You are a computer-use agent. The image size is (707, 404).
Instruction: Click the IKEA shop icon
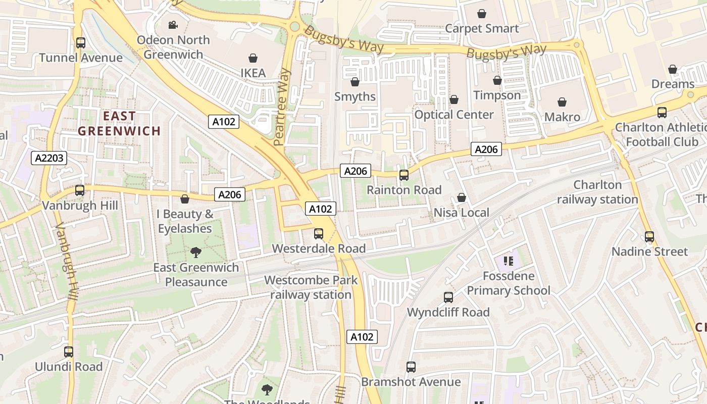pyautogui.click(x=252, y=59)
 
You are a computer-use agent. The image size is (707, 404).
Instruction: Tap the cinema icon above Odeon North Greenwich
pyautogui.click(x=173, y=25)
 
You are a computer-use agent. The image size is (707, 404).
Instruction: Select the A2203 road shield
pyautogui.click(x=49, y=158)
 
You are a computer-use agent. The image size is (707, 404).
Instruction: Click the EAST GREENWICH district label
pyautogui.click(x=119, y=124)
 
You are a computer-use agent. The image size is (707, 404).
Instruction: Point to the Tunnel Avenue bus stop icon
pyautogui.click(x=81, y=43)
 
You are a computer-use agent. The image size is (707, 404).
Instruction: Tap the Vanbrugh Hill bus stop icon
pyautogui.click(x=80, y=190)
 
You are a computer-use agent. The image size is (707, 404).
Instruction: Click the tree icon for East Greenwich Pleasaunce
pyautogui.click(x=196, y=252)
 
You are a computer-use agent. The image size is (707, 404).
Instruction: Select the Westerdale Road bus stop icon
pyautogui.click(x=319, y=234)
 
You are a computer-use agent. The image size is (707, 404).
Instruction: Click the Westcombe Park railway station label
pyautogui.click(x=311, y=287)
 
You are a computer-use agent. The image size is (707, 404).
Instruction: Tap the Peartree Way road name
pyautogui.click(x=282, y=107)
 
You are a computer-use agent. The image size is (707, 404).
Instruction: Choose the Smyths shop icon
pyautogui.click(x=355, y=82)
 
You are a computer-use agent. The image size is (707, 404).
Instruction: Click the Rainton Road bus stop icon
pyautogui.click(x=404, y=175)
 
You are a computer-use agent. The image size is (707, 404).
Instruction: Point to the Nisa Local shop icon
pyautogui.click(x=462, y=198)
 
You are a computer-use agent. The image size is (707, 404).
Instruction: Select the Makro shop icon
pyautogui.click(x=562, y=103)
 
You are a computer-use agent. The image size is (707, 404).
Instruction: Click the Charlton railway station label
pyautogui.click(x=597, y=192)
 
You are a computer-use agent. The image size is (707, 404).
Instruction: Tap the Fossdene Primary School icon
pyautogui.click(x=509, y=261)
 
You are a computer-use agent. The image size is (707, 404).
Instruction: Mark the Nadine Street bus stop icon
pyautogui.click(x=649, y=236)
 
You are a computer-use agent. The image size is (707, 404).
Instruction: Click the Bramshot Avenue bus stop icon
pyautogui.click(x=411, y=367)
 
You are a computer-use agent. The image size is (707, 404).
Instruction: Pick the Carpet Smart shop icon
pyautogui.click(x=482, y=14)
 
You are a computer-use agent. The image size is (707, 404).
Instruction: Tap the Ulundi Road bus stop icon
pyautogui.click(x=69, y=352)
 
